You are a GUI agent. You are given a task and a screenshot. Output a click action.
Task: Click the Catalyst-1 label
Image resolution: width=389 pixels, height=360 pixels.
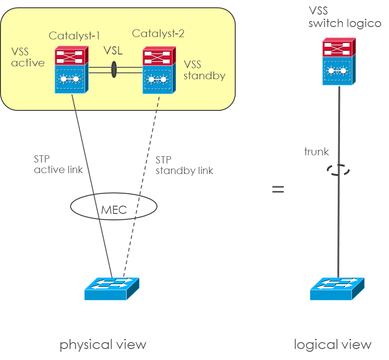74,36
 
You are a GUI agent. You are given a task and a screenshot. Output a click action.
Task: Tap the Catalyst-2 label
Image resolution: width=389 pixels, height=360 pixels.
158,33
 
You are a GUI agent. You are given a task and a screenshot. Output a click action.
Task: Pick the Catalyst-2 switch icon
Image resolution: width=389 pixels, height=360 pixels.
157,70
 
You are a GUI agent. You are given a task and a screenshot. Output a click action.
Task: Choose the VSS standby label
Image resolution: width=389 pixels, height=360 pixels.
204,70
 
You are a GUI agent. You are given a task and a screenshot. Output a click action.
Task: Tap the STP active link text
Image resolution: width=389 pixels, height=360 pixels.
58,164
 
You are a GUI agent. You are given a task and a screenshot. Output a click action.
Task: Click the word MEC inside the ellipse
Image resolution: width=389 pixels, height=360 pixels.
113,211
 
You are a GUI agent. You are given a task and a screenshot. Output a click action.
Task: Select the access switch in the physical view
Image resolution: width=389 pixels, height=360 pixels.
112,289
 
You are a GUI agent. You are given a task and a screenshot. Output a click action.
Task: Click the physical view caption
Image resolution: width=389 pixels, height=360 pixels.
103,344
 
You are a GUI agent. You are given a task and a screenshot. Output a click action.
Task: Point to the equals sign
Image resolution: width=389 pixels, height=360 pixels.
278,189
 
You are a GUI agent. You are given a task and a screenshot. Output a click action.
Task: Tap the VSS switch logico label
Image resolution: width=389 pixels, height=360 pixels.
344,17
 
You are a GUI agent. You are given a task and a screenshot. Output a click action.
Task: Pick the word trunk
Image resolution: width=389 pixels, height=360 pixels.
317,152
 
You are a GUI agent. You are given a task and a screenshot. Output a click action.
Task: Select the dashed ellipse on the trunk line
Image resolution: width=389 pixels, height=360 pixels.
338,170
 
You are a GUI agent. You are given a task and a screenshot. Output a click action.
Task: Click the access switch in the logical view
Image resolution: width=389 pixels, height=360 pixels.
337,289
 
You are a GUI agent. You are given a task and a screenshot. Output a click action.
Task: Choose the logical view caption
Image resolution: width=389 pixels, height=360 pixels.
333,344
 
